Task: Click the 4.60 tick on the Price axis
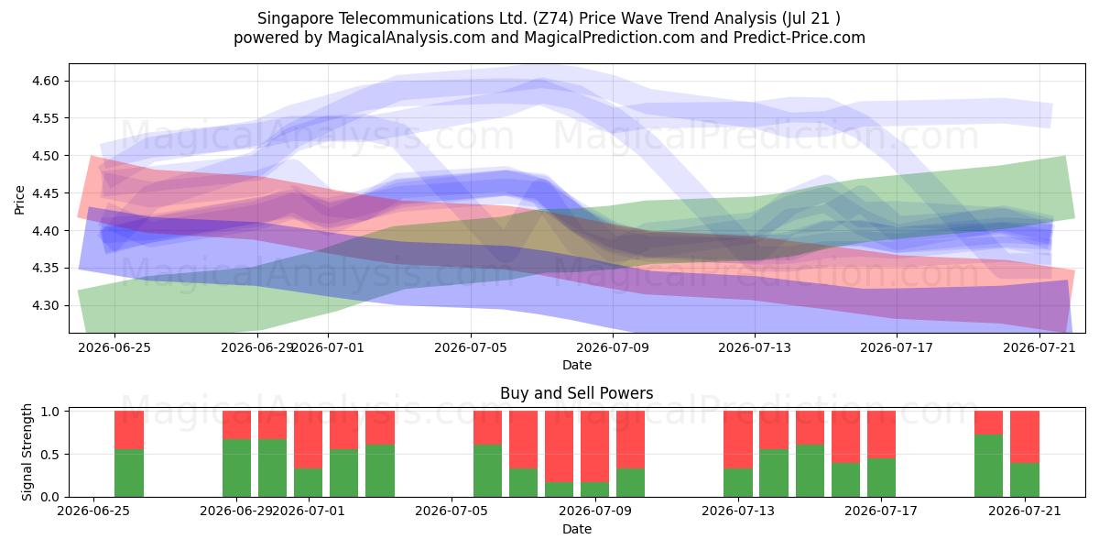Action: coord(45,81)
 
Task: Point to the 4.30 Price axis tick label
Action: coord(45,305)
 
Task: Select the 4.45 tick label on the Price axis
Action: coord(45,193)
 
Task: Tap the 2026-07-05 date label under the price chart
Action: coord(471,347)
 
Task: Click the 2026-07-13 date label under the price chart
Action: coord(755,347)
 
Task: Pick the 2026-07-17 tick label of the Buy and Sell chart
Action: coord(881,511)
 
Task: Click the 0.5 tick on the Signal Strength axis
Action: coord(49,455)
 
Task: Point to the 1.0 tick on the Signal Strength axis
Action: coord(49,412)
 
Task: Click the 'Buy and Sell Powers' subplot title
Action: coord(576,393)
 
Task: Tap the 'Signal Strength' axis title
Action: coord(27,452)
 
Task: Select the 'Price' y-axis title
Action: coord(19,200)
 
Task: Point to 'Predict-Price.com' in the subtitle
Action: coord(800,38)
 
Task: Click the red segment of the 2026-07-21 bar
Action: coord(1025,437)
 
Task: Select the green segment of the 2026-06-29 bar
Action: coord(236,468)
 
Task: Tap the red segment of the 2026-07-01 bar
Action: coord(308,439)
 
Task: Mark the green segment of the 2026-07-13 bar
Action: coord(738,483)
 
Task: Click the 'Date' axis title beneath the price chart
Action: coord(576,366)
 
